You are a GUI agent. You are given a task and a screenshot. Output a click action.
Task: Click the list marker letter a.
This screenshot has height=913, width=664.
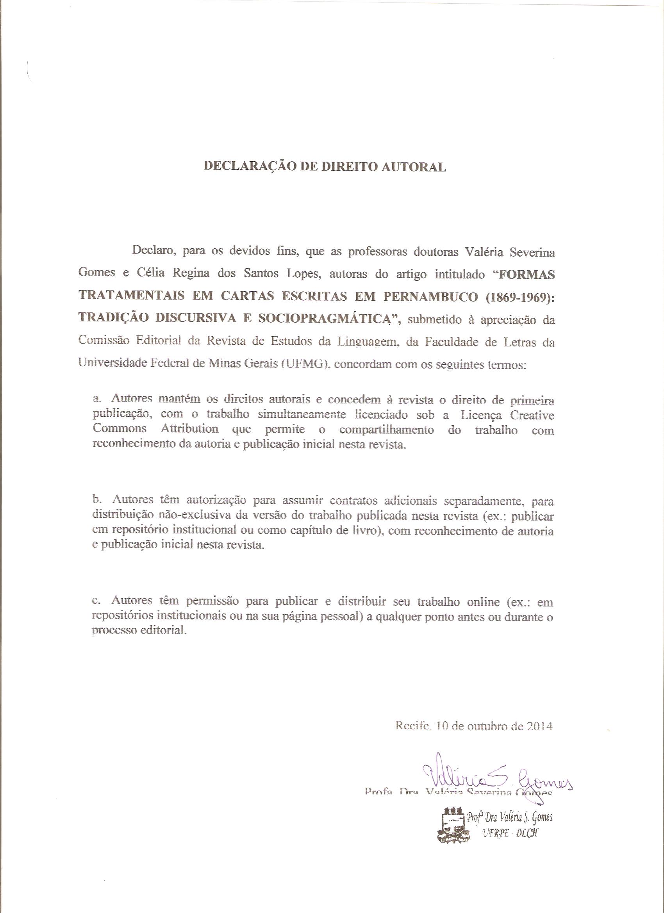tap(96, 399)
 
